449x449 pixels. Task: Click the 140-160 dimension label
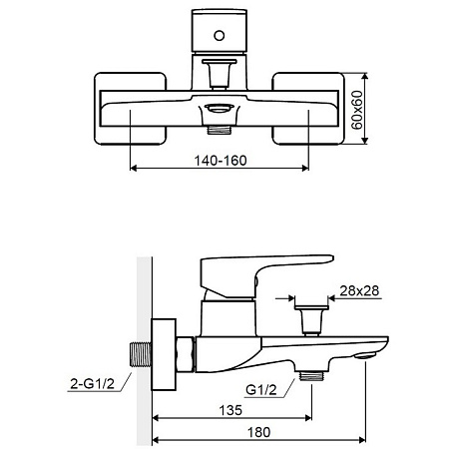click(x=221, y=161)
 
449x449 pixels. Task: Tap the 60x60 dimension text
click(x=357, y=110)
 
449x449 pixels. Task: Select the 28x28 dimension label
click(x=359, y=290)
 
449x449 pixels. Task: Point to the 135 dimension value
click(x=230, y=410)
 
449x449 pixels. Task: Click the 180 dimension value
click(x=258, y=432)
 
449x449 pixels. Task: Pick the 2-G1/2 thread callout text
click(x=92, y=384)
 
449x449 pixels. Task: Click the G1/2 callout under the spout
click(x=261, y=390)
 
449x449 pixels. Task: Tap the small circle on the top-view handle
click(x=220, y=36)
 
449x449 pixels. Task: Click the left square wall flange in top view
click(x=130, y=109)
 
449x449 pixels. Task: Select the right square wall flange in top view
click(x=308, y=109)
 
